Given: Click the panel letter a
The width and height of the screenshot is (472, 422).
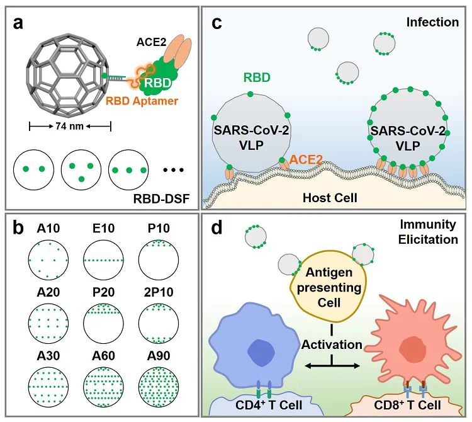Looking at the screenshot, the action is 18,23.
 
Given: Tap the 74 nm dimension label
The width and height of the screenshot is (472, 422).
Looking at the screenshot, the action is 69,125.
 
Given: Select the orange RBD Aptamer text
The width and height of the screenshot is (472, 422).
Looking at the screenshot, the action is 142,101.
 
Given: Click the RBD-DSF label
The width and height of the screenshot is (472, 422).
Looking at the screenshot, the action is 161,198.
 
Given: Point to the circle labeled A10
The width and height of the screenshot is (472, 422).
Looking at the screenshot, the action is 48,259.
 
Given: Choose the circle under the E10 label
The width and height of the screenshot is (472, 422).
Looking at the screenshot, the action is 104,259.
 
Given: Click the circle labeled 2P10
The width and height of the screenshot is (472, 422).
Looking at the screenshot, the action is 159,324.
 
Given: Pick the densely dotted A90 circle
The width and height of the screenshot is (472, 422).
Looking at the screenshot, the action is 159,387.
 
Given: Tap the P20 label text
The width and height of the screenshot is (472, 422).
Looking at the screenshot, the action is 103,292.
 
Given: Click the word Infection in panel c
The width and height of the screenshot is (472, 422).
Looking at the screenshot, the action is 432,22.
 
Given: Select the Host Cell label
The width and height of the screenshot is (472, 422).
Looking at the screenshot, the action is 330,198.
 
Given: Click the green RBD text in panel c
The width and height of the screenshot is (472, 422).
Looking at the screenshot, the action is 257,77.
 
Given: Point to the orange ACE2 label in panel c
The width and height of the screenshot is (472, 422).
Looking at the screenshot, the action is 306,159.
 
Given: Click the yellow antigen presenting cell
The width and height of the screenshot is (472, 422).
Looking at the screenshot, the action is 329,287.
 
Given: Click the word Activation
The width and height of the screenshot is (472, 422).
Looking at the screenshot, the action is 332,345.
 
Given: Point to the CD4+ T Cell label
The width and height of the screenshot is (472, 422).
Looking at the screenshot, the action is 269,405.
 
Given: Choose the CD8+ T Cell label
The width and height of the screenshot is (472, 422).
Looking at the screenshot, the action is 407,405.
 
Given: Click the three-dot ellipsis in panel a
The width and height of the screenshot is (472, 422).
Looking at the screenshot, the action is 174,170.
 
